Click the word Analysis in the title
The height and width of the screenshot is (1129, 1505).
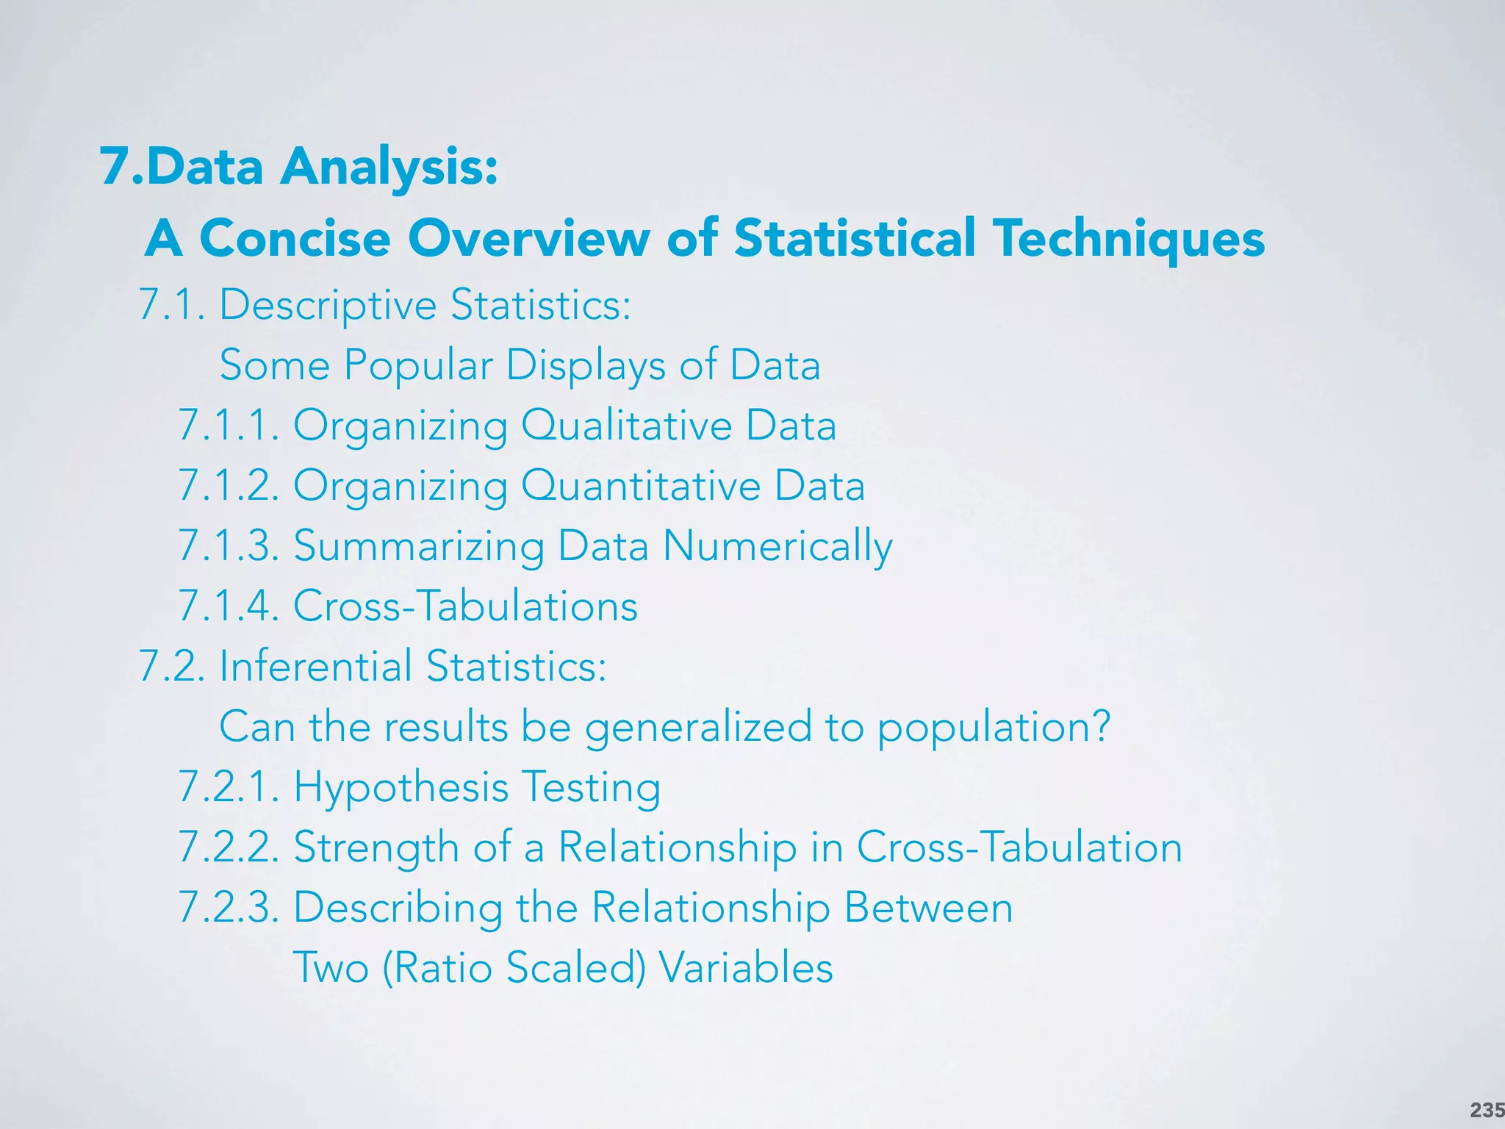(x=389, y=166)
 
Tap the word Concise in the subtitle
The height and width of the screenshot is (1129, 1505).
(x=295, y=238)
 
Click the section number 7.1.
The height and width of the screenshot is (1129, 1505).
(x=172, y=304)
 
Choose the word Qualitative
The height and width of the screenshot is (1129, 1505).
(x=626, y=425)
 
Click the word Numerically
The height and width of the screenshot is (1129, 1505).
(x=777, y=545)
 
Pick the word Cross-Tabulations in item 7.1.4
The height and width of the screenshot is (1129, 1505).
(x=465, y=606)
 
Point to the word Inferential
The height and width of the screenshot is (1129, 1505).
(x=315, y=666)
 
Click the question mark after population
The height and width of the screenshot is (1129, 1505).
(x=1100, y=726)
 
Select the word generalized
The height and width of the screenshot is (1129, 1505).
(x=698, y=726)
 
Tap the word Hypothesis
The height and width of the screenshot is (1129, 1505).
(x=401, y=786)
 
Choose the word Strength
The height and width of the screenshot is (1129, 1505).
(x=376, y=847)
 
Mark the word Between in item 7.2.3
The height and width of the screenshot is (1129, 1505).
(x=928, y=907)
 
